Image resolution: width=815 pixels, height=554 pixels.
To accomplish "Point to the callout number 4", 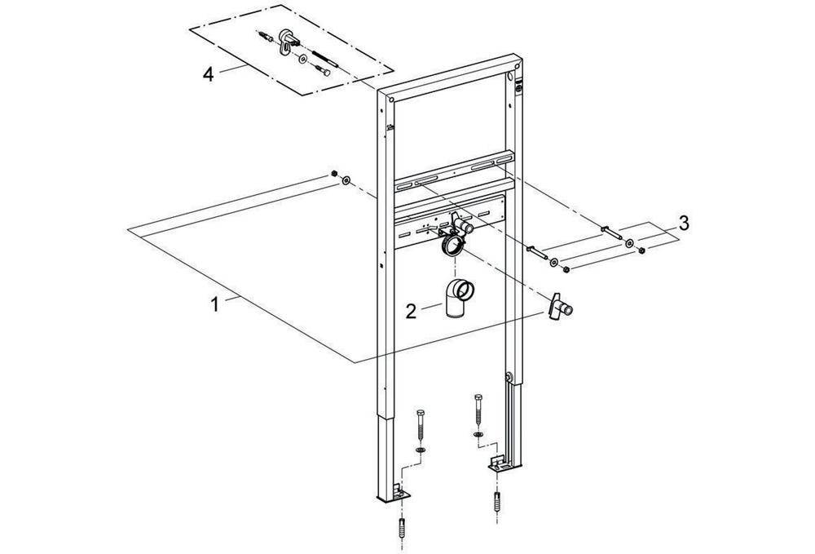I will (x=209, y=73).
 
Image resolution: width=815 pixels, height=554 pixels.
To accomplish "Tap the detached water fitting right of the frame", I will (x=562, y=308).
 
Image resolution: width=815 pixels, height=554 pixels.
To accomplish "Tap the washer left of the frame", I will (x=347, y=179).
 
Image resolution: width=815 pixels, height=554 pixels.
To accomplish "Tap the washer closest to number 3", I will (x=629, y=244).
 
